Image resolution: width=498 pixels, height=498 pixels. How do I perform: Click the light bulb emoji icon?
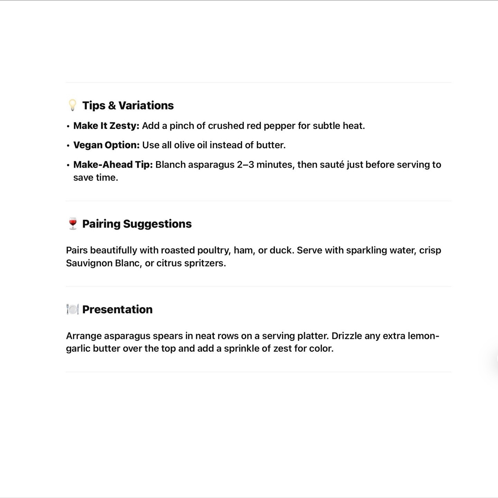72,105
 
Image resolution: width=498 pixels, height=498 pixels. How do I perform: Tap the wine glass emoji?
73,224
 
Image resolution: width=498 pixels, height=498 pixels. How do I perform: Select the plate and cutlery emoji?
73,309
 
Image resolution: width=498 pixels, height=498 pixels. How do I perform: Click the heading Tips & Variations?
128,105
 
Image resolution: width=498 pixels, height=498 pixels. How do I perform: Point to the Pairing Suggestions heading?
137,224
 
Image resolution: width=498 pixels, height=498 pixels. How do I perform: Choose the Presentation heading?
117,309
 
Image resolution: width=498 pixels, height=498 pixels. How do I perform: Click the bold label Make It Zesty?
106,126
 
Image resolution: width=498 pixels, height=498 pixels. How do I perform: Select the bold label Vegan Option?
106,145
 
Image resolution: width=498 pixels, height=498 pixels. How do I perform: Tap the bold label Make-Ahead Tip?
113,165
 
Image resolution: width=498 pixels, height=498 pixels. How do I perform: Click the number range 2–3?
245,165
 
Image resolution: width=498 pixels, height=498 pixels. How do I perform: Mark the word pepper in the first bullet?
279,126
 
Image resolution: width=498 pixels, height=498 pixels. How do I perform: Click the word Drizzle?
347,336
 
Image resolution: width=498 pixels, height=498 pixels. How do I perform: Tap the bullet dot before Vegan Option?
68,146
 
